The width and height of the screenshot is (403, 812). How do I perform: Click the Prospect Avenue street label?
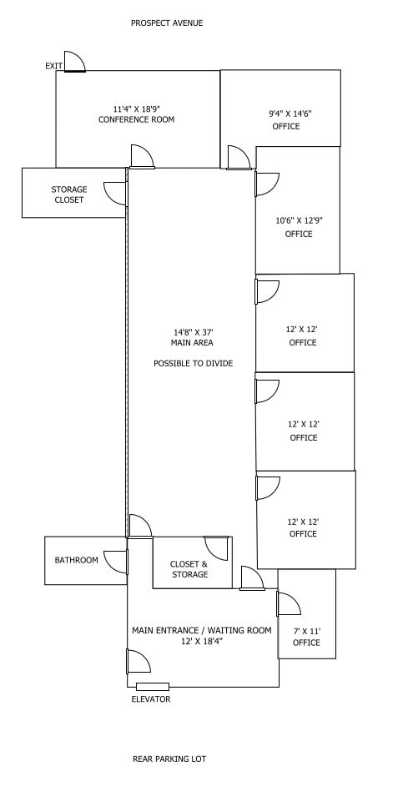[x=166, y=23]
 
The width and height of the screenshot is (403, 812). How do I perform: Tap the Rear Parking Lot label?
[x=169, y=759]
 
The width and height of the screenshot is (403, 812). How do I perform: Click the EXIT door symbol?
[x=74, y=62]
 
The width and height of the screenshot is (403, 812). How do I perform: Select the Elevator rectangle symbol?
[x=153, y=687]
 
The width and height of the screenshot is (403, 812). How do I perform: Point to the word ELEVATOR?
[x=151, y=699]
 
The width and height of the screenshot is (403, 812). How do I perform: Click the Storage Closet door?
[x=116, y=193]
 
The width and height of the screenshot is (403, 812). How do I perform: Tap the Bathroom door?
[x=116, y=562]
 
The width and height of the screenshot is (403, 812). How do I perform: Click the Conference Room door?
[x=142, y=157]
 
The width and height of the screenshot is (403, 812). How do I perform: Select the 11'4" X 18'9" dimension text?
[x=136, y=108]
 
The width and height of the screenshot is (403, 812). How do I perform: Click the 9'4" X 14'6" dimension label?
[x=290, y=113]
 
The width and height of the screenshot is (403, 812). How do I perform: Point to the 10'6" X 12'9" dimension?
[x=299, y=220]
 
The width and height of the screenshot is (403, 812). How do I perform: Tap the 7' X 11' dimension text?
[x=306, y=631]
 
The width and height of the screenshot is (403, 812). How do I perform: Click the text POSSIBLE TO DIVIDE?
[x=194, y=364]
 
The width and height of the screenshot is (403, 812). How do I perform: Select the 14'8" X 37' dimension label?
[x=194, y=332]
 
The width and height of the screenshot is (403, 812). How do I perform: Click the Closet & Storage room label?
[x=189, y=569]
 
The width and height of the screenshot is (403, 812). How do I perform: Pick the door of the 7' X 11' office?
[x=289, y=603]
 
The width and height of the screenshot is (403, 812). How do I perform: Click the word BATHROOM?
[x=77, y=560]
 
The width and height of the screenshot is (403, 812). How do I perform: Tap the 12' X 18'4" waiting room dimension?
[x=202, y=641]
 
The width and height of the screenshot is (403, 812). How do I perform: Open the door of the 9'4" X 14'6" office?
[x=239, y=158]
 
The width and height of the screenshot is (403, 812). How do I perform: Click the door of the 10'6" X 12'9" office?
[x=267, y=184]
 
